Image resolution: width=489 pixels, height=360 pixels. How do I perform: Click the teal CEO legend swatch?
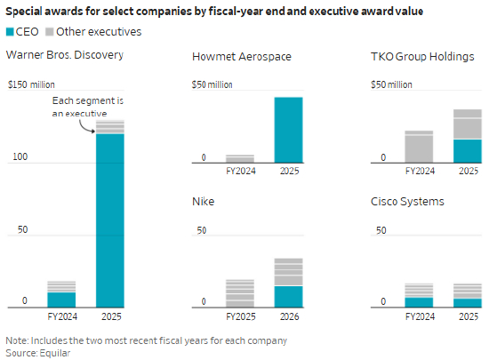point(10,32)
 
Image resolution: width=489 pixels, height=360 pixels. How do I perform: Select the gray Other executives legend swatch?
point(49,32)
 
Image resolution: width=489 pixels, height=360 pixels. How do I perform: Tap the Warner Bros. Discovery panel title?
point(65,55)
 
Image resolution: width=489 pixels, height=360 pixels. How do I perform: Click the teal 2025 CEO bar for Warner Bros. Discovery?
point(110,220)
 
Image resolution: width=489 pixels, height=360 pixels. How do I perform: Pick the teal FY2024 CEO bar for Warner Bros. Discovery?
point(61,300)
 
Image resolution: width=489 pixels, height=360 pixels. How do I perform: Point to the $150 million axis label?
point(31,84)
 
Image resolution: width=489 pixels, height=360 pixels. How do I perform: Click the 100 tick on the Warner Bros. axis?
point(20,156)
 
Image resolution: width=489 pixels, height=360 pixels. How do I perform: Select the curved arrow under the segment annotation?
point(84,128)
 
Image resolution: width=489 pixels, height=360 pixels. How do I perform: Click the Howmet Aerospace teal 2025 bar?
point(288,130)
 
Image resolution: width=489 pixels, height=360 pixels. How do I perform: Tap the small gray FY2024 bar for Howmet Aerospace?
point(240,158)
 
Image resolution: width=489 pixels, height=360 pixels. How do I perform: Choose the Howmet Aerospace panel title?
point(242,57)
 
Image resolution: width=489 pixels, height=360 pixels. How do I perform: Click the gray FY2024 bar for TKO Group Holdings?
point(419,147)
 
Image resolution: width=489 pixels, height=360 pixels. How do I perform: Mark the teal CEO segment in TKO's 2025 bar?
point(468,151)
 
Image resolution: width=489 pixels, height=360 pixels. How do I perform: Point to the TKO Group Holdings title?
point(422,57)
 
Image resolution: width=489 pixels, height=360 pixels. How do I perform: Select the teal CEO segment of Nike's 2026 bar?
point(288,297)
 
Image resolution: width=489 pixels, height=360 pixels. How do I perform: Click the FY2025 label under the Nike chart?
point(241,316)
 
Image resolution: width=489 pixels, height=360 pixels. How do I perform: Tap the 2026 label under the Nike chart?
point(290,316)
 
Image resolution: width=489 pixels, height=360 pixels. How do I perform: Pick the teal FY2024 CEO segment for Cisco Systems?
point(419,302)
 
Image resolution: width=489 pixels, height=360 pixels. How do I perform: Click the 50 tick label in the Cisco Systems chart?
point(381,230)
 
